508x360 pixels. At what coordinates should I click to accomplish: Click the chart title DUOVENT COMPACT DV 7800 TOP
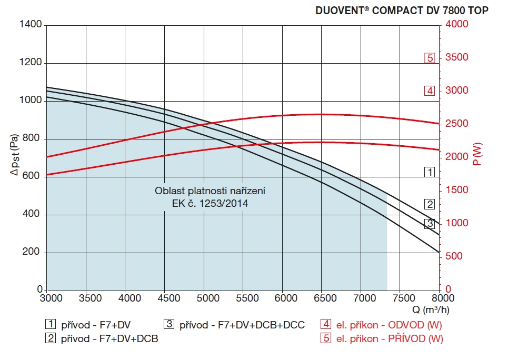click(x=402, y=10)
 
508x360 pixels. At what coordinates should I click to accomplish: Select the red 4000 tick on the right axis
click(x=456, y=25)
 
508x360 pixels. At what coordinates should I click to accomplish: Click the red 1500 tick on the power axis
click(x=456, y=190)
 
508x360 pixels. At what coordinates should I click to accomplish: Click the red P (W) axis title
click(x=477, y=156)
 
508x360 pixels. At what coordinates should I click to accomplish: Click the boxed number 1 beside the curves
click(x=430, y=172)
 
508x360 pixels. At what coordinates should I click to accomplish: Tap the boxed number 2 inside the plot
click(x=430, y=205)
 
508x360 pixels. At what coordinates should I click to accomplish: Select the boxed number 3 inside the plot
click(x=430, y=224)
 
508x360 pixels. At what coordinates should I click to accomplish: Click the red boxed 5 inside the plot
click(x=430, y=58)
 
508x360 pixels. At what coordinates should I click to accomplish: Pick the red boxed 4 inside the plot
click(x=430, y=91)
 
